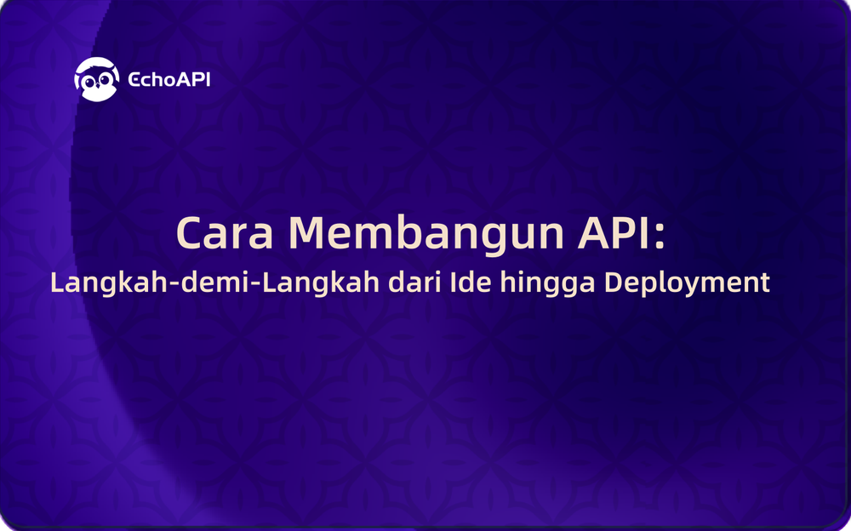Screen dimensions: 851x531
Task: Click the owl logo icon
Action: (x=97, y=79)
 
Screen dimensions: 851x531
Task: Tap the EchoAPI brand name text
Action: (x=168, y=79)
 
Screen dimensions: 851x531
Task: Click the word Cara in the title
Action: (x=225, y=233)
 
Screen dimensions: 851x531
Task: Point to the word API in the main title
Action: (x=614, y=232)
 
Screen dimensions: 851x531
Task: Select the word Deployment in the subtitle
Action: (x=687, y=284)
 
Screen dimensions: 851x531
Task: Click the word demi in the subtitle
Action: (x=216, y=282)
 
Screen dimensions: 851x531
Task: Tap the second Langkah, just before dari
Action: (x=321, y=284)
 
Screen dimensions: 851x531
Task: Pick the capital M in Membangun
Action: (x=308, y=233)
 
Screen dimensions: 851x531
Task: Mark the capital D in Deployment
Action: (x=614, y=283)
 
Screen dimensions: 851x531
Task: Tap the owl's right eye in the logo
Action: (x=106, y=81)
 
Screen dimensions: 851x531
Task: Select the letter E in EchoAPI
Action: (x=134, y=80)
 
